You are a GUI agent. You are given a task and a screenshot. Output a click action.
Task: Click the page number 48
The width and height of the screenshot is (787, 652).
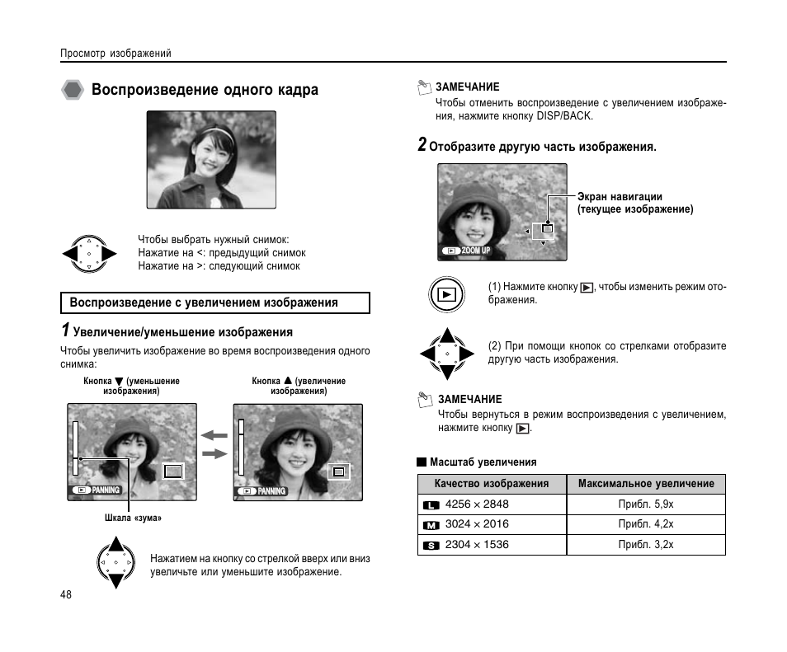pos(66,595)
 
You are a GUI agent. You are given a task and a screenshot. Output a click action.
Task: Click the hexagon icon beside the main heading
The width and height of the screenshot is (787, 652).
pos(73,90)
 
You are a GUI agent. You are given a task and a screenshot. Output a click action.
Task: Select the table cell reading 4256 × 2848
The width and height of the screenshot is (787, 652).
pos(476,504)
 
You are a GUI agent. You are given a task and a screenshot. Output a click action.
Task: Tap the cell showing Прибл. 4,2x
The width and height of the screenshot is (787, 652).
pos(645,524)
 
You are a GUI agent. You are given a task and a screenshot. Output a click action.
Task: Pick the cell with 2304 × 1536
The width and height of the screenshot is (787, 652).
pos(476,545)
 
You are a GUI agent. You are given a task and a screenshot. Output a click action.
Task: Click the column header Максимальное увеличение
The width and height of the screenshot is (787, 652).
pos(645,484)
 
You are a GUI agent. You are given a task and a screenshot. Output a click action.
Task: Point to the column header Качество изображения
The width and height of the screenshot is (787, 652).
pos(491,484)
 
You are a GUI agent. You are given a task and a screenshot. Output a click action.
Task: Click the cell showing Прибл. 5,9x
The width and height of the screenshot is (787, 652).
pos(645,504)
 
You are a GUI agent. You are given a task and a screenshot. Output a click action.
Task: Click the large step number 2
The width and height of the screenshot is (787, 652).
pos(422,145)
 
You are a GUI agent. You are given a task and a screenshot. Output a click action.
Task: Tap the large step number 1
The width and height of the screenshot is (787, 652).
pos(64,331)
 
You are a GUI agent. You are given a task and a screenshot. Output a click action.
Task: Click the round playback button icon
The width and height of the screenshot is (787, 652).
pos(446,293)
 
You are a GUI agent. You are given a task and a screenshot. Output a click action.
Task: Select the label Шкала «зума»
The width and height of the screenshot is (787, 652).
pos(133,518)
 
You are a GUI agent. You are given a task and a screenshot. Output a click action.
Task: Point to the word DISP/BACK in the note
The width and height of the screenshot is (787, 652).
pos(564,116)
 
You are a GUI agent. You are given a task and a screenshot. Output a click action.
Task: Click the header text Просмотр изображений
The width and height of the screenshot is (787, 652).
pos(115,54)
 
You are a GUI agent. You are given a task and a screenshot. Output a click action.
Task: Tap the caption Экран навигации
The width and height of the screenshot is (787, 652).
pos(620,197)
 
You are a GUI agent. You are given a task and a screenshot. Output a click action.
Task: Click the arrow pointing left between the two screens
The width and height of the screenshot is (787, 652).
pos(214,436)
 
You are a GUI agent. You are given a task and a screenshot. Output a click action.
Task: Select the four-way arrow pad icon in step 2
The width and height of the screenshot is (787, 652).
pos(446,354)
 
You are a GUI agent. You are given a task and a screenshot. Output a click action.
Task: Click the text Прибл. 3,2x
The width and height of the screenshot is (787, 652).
pos(645,545)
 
